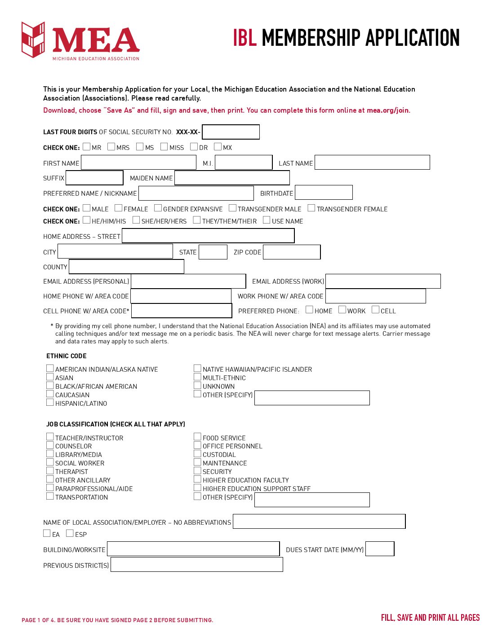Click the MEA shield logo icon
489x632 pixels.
pyautogui.click(x=34, y=39)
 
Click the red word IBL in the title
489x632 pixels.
pyautogui.click(x=244, y=38)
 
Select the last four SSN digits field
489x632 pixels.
pyautogui.click(x=231, y=132)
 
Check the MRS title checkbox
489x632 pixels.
pyautogui.click(x=111, y=147)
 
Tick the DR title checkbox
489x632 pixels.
pyautogui.click(x=194, y=147)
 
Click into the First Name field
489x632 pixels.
pyautogui.click(x=138, y=162)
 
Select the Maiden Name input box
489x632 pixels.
pyautogui.click(x=232, y=178)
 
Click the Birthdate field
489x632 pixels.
pyautogui.click(x=324, y=193)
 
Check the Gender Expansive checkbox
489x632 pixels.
pyautogui.click(x=158, y=208)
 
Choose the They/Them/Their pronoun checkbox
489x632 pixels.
pyautogui.click(x=197, y=220)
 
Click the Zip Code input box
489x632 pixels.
pyautogui.click(x=292, y=252)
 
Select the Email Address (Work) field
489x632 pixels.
pyautogui.click(x=383, y=281)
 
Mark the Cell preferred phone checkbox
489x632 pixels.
pyautogui.click(x=376, y=310)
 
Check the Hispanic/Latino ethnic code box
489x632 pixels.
pyautogui.click(x=50, y=403)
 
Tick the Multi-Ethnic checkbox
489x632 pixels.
pyautogui.click(x=197, y=377)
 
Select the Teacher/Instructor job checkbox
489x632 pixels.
pyautogui.click(x=50, y=437)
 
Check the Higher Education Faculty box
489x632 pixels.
pyautogui.click(x=197, y=479)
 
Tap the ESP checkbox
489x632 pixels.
pyautogui.click(x=70, y=533)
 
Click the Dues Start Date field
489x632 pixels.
pyautogui.click(x=380, y=549)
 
